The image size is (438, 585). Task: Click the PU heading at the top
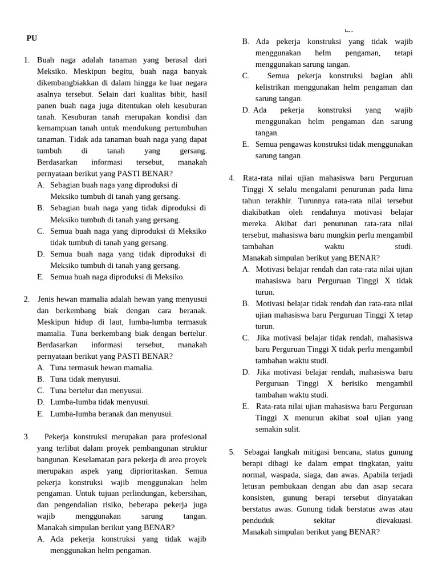31,38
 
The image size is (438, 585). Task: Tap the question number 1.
27,59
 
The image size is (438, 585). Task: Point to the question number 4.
232,178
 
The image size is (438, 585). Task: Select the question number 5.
232,452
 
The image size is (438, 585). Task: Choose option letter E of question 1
40,277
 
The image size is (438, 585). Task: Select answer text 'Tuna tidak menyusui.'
86,379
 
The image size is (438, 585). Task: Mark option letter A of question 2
40,367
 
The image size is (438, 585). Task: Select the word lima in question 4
405,189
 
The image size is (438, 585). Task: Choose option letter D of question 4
246,372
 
